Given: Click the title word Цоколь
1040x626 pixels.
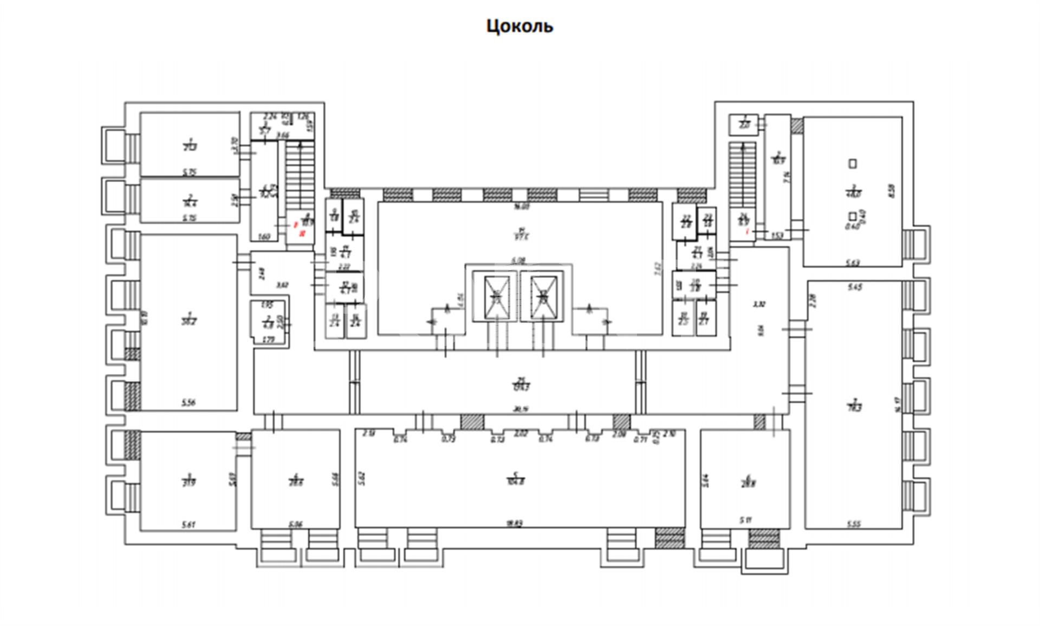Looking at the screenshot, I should (x=519, y=26).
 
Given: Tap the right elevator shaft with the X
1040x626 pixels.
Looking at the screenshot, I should (x=543, y=297).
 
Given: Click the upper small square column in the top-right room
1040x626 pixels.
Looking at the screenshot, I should (x=853, y=163).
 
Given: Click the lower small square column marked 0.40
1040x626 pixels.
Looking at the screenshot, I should (x=853, y=216).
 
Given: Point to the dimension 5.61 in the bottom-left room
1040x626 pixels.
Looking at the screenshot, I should (x=188, y=525).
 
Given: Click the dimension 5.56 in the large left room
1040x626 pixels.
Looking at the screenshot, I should (x=188, y=403).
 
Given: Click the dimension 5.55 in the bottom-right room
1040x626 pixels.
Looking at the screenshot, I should (x=854, y=524).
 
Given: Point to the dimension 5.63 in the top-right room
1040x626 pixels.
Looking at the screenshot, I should (x=853, y=263).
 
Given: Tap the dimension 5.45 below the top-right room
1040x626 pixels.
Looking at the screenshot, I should (x=854, y=287).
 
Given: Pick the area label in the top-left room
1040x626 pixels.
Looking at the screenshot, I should (x=190, y=146).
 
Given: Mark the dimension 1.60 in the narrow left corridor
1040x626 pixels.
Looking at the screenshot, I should (x=264, y=237).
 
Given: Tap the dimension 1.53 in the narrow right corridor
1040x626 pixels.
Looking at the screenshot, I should (x=777, y=235).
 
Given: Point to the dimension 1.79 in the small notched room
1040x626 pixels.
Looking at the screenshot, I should (x=268, y=340).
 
